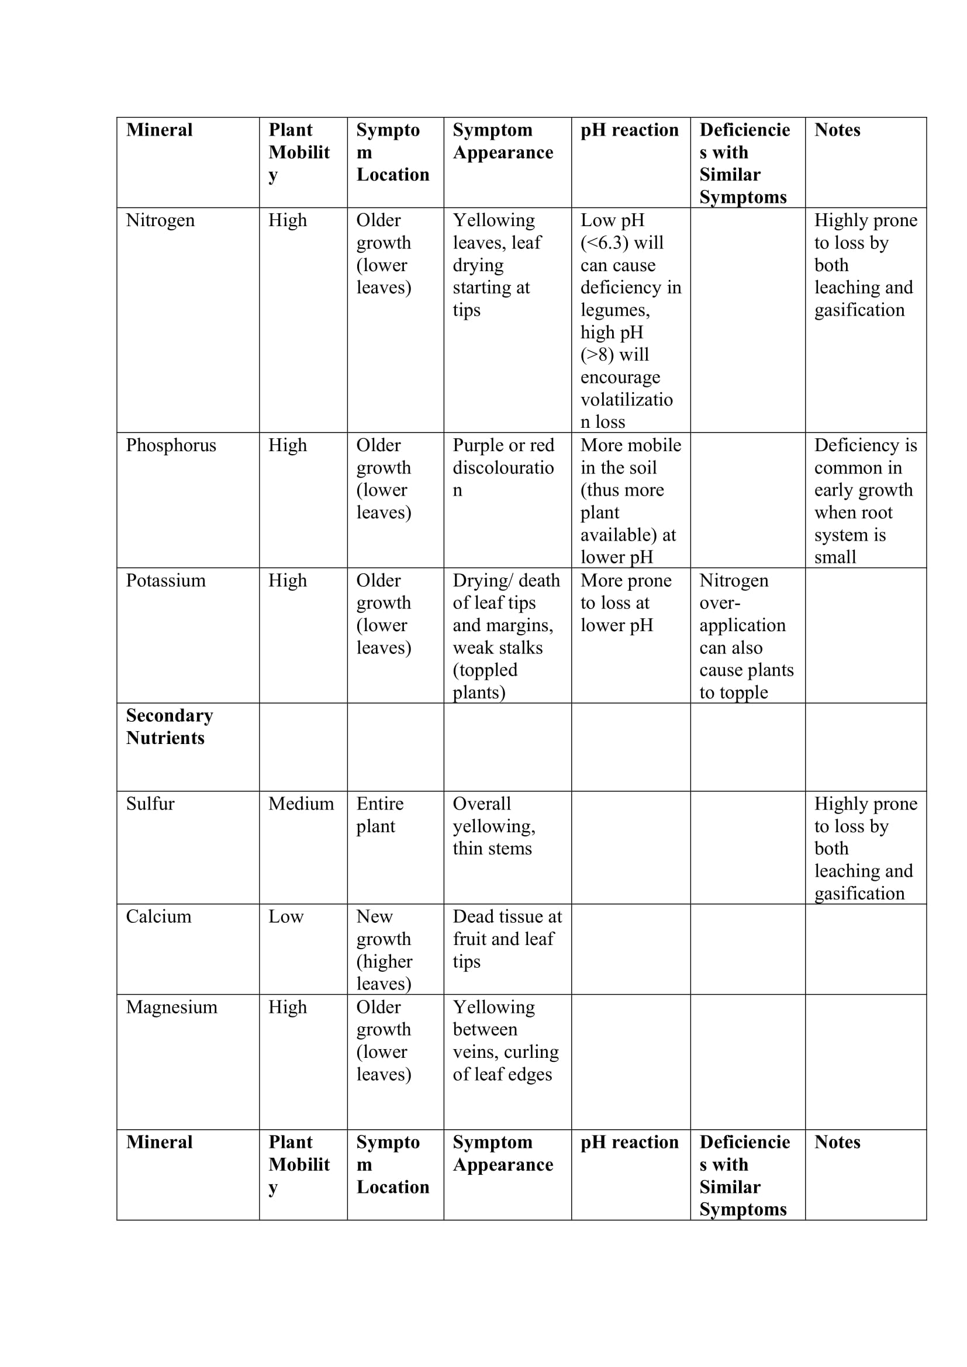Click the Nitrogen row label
coord(160,220)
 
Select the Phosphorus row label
coord(171,445)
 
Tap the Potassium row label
coord(165,580)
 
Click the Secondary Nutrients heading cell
coord(169,726)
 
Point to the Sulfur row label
coord(150,804)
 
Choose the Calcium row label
coord(158,916)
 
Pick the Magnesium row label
coord(171,1007)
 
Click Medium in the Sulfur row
coord(301,804)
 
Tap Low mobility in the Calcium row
coord(286,916)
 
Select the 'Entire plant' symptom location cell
coord(380,815)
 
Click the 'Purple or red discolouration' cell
coord(503,468)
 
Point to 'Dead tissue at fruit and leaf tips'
coord(507,939)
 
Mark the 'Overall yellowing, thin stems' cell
coord(493,826)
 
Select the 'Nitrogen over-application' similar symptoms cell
coord(745,636)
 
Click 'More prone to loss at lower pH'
coord(625,603)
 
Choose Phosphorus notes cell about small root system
coord(865,501)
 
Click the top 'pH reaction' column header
coord(630,130)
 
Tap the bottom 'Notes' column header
coord(837,1142)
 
